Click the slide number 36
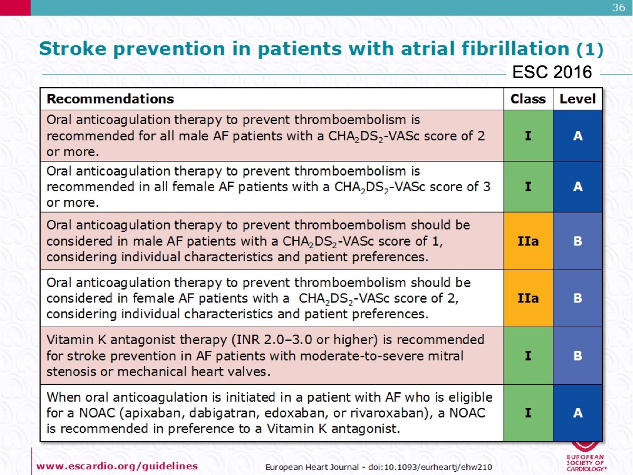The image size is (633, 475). pyautogui.click(x=619, y=7)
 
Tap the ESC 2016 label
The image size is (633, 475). pyautogui.click(x=552, y=72)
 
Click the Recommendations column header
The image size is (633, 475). pyautogui.click(x=110, y=99)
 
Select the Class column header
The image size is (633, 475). pyautogui.click(x=528, y=99)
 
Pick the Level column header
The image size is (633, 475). pyautogui.click(x=578, y=99)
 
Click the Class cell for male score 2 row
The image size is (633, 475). pyautogui.click(x=529, y=136)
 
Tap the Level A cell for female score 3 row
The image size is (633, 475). pyautogui.click(x=578, y=187)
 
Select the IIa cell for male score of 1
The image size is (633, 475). pyautogui.click(x=529, y=241)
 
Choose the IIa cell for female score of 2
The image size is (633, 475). pyautogui.click(x=529, y=298)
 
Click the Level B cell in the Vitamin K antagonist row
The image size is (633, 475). pyautogui.click(x=578, y=356)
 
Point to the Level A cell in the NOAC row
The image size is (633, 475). pyautogui.click(x=578, y=413)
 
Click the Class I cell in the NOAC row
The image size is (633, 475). pyautogui.click(x=529, y=413)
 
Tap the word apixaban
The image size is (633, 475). pyautogui.click(x=154, y=414)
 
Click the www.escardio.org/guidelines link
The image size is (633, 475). pyautogui.click(x=117, y=466)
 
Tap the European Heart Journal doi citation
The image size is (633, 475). pyautogui.click(x=378, y=467)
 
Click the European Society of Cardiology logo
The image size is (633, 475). pyautogui.click(x=586, y=457)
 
